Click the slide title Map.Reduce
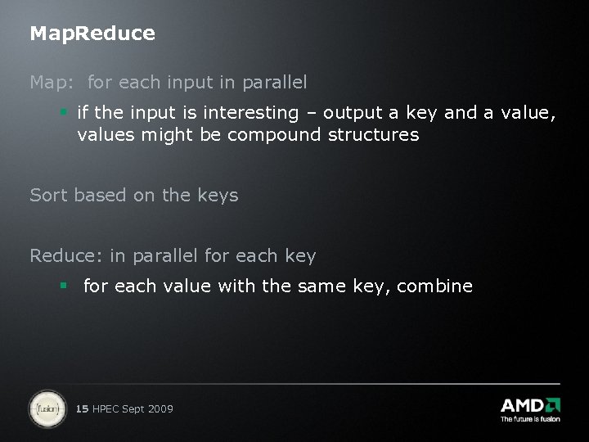[x=92, y=34]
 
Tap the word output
[x=353, y=113]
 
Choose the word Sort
[x=49, y=195]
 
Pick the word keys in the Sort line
[x=218, y=196]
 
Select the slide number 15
[x=82, y=408]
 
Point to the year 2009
[x=160, y=408]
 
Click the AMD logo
[x=530, y=404]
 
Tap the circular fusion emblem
[x=47, y=407]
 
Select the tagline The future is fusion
[x=530, y=419]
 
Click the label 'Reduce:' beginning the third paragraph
[x=66, y=255]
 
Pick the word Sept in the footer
[x=133, y=408]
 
